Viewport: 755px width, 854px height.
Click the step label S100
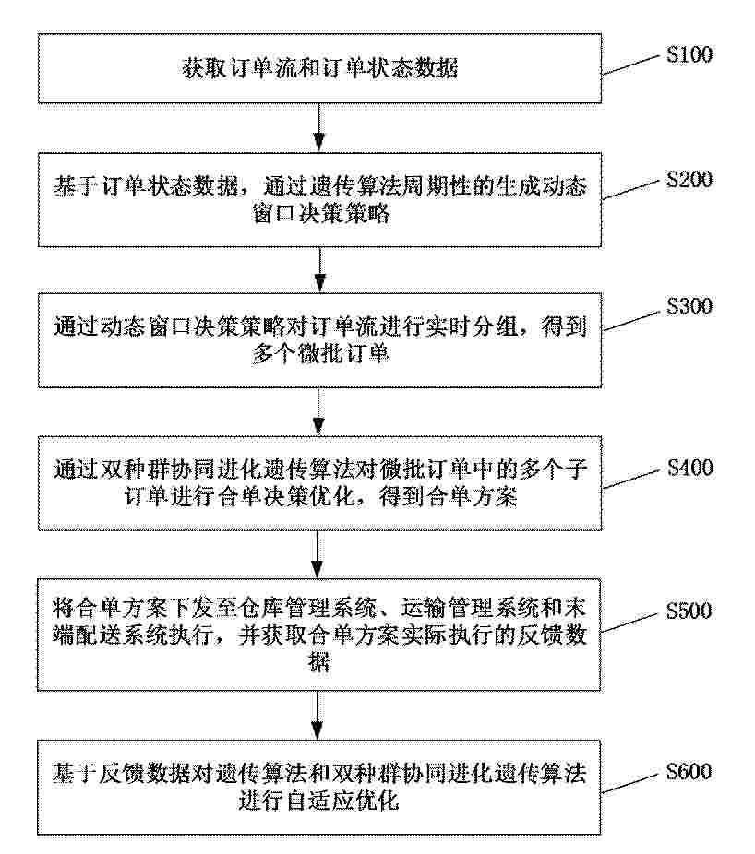(x=689, y=54)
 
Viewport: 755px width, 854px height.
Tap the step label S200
(x=689, y=180)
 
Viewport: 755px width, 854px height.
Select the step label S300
(x=689, y=306)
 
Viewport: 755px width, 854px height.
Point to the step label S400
(x=689, y=468)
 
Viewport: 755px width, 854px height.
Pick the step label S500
(x=689, y=611)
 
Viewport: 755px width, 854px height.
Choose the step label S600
(x=689, y=772)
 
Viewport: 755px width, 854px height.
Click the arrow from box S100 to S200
(x=319, y=127)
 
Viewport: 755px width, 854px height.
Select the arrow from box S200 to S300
(x=320, y=269)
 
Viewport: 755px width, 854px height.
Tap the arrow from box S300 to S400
(x=319, y=411)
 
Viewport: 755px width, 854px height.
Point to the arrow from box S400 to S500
(x=318, y=554)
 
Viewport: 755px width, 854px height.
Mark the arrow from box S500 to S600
(x=318, y=715)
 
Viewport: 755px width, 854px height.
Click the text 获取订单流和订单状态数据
(x=320, y=68)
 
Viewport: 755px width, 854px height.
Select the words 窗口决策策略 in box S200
(x=321, y=214)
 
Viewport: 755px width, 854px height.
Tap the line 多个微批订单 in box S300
(x=320, y=354)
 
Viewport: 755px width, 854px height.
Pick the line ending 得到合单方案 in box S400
(x=321, y=497)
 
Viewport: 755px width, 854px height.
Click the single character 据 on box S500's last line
(x=319, y=662)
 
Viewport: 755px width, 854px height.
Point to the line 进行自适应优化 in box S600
(x=319, y=801)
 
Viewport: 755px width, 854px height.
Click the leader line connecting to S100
(x=630, y=65)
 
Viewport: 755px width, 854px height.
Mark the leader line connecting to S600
(x=629, y=783)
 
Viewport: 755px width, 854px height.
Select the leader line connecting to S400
(x=630, y=479)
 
